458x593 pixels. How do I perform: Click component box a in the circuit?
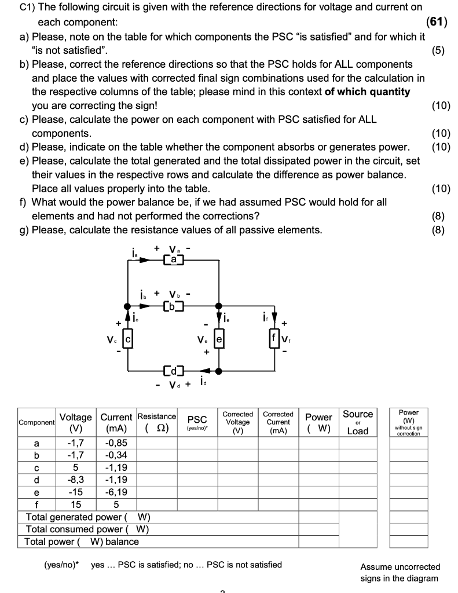point(172,261)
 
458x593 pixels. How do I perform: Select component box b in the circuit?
point(173,305)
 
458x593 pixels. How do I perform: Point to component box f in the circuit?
point(274,336)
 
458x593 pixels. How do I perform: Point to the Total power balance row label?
point(82,542)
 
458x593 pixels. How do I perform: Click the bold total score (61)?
point(435,23)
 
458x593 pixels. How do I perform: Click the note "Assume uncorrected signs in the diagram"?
point(400,572)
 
